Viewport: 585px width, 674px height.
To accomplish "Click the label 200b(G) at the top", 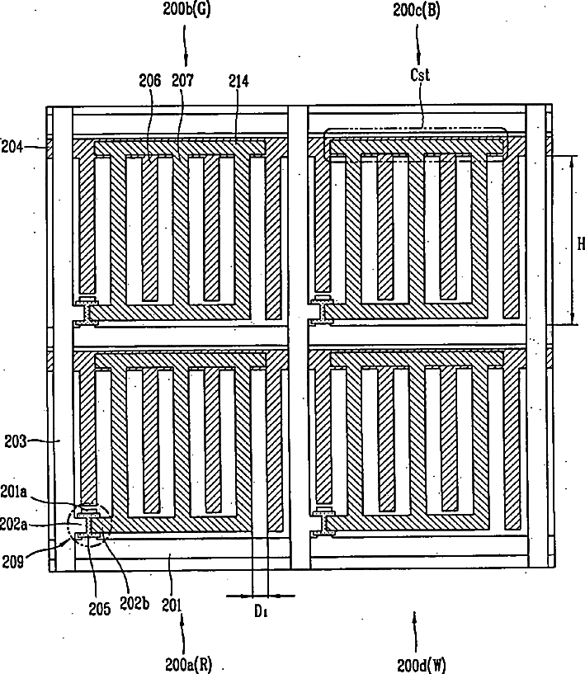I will click(186, 12).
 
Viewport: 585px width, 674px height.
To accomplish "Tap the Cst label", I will click(421, 75).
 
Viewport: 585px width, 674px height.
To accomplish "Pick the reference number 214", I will click(240, 80).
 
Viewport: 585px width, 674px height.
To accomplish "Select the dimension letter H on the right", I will click(580, 244).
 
